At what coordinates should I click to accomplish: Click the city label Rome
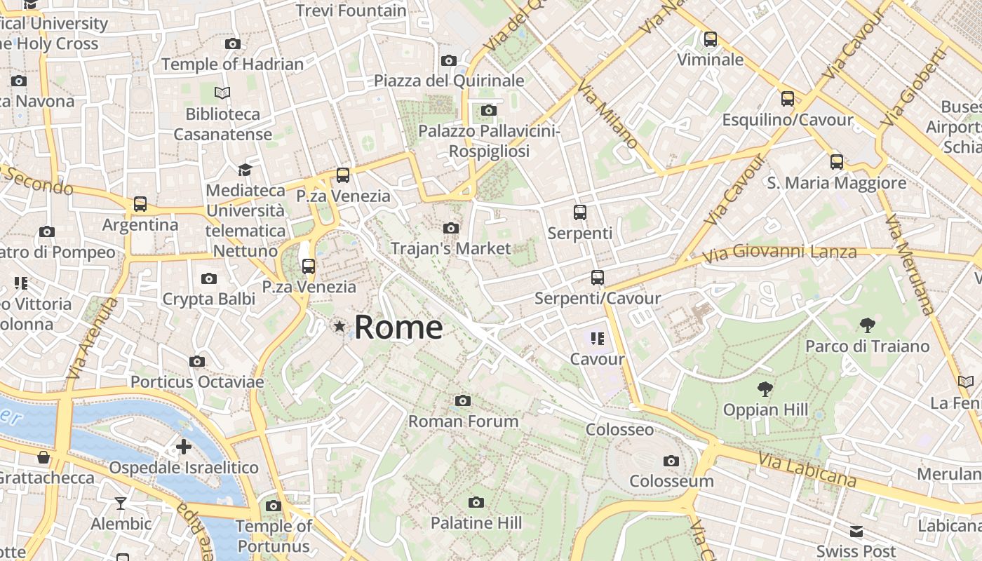pos(398,327)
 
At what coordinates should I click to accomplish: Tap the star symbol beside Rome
pos(340,326)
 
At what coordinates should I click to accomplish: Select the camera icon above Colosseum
pos(671,461)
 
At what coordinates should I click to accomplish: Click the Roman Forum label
pos(464,421)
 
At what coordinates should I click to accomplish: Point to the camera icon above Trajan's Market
pos(451,228)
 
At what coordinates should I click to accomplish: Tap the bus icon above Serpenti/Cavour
pos(597,278)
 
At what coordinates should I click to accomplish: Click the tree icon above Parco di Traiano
pos(867,325)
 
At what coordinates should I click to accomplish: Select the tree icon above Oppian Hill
pos(765,389)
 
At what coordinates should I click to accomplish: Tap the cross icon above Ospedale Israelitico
pos(184,447)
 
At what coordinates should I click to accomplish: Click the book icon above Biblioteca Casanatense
pos(222,93)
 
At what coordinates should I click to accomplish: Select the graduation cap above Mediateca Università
pos(245,170)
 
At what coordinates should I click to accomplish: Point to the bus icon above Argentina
pos(140,204)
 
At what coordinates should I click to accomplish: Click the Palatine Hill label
pos(476,522)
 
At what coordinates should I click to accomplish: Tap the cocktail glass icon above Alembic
pos(121,503)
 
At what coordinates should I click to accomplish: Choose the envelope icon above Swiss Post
pos(856,531)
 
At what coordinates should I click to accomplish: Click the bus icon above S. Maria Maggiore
pos(836,162)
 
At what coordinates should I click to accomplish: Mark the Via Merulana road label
pos(910,264)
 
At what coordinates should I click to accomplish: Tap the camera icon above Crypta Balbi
pos(208,279)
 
